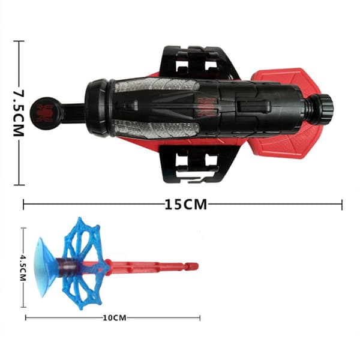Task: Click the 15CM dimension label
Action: [186, 205]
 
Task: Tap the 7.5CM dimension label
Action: [19, 113]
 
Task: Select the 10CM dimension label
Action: [115, 318]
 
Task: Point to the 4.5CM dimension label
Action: [23, 268]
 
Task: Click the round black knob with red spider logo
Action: [46, 113]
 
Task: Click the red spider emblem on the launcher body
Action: [206, 106]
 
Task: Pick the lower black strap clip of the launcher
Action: [198, 164]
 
